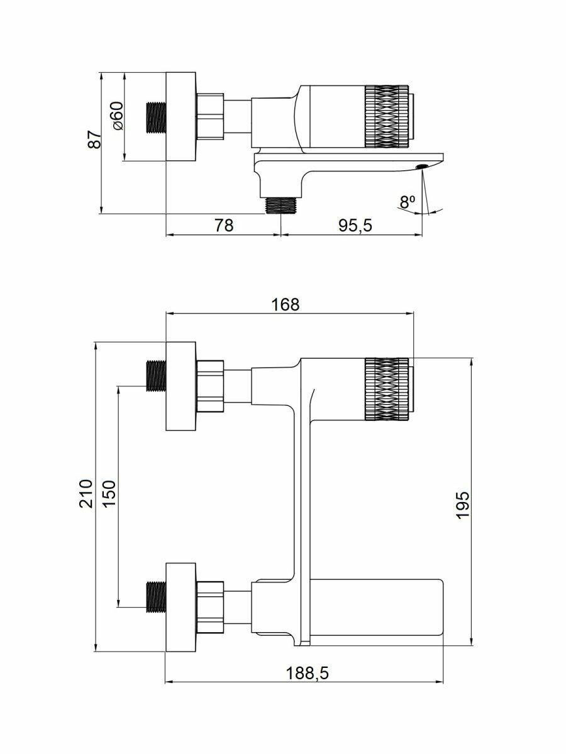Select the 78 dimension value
point(224,225)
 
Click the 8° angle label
point(408,202)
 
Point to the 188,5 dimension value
point(308,673)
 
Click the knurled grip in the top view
point(385,117)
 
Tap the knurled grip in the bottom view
point(385,388)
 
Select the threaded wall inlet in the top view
point(156,117)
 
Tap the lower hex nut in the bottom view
point(210,607)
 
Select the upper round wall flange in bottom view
point(181,386)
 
